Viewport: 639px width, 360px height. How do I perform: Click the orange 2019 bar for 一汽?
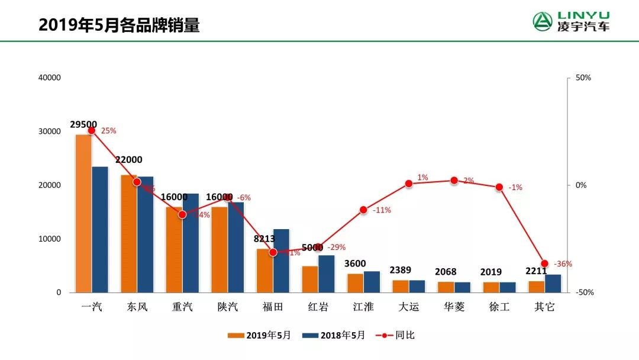[x=83, y=213]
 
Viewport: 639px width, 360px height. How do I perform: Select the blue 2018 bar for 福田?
[x=281, y=261]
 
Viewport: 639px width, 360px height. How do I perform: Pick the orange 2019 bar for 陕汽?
[x=220, y=249]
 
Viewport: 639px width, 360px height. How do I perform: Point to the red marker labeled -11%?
[x=363, y=210]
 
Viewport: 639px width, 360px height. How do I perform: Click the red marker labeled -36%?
[x=545, y=263]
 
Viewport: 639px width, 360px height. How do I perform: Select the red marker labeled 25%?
[x=92, y=130]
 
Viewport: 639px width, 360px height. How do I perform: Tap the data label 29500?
[x=83, y=124]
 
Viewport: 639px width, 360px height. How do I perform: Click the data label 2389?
[x=401, y=271]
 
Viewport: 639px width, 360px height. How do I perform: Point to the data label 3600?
[x=356, y=263]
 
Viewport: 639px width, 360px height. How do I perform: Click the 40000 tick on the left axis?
[x=50, y=78]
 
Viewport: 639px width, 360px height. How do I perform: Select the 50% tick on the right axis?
[x=583, y=78]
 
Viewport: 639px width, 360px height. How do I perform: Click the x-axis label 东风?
[x=137, y=307]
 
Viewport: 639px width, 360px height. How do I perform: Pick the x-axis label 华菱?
[x=454, y=307]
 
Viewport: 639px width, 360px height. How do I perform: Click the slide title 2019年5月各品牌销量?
[x=119, y=25]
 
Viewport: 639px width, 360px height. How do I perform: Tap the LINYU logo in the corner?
[x=571, y=22]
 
